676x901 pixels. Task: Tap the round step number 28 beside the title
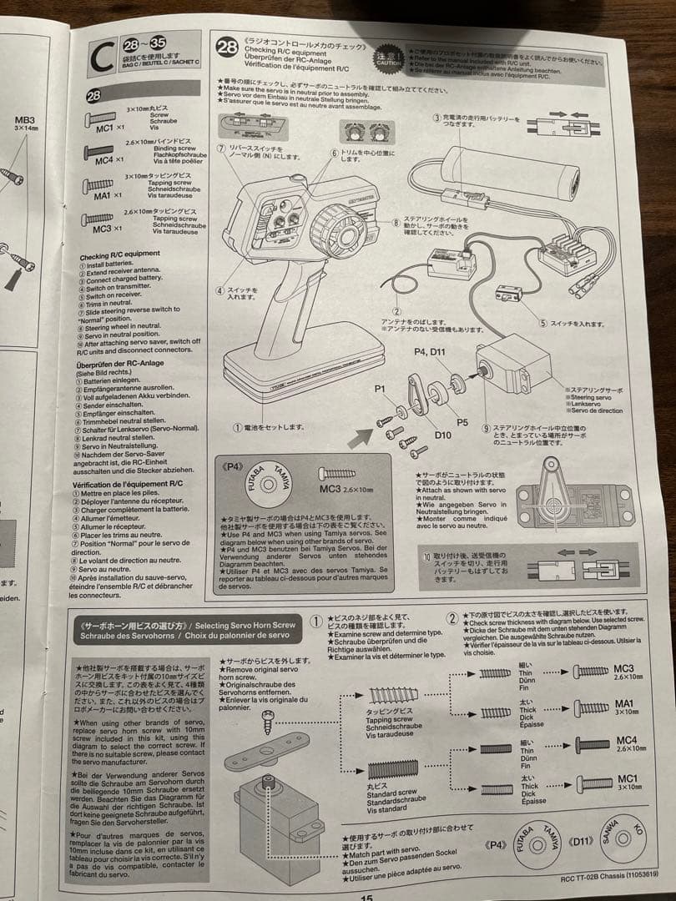coord(226,47)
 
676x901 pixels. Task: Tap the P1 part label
coord(380,389)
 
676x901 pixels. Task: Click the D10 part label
coord(443,435)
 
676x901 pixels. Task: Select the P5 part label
coord(462,423)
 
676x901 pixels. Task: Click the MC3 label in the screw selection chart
coord(623,668)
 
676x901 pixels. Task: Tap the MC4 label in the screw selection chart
coord(626,741)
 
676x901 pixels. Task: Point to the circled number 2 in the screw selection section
coord(452,618)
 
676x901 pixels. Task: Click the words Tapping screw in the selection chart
coord(390,719)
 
